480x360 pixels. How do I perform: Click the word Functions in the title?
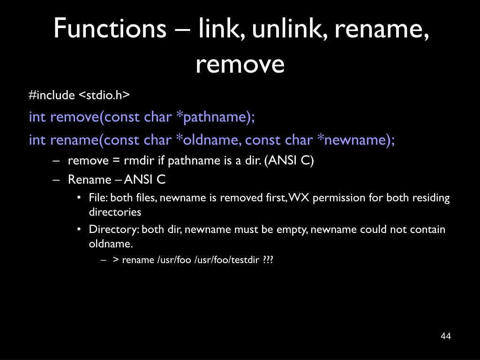[111, 29]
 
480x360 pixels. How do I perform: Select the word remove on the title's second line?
[240, 64]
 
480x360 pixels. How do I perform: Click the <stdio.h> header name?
[104, 95]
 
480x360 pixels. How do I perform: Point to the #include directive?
[52, 95]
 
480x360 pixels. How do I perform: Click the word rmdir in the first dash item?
[139, 161]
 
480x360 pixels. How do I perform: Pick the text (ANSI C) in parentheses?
[289, 161]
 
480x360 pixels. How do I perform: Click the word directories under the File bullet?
[115, 212]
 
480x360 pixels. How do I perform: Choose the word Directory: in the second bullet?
[114, 230]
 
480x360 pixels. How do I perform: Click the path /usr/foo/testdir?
[227, 260]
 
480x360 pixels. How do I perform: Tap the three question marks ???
[268, 260]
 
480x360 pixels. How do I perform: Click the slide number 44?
[446, 337]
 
